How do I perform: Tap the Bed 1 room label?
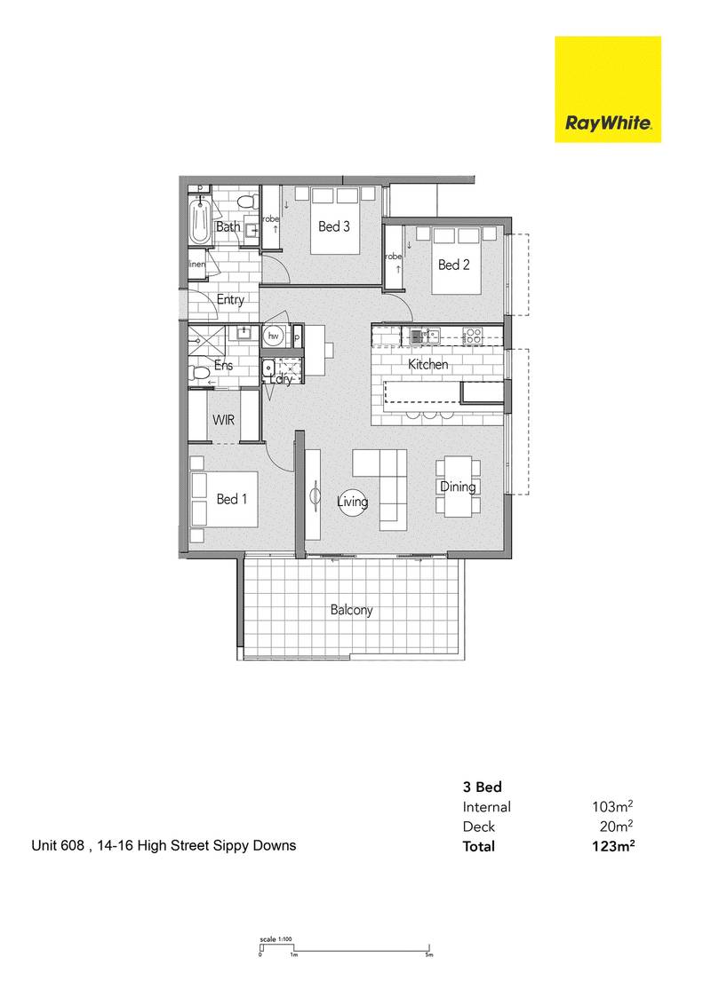click(x=231, y=499)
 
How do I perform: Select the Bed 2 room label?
click(x=454, y=265)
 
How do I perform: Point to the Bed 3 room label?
click(x=333, y=226)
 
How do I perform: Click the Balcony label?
click(x=351, y=610)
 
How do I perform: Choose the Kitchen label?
click(x=427, y=365)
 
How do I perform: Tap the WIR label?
click(x=223, y=420)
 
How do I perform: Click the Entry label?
click(x=230, y=300)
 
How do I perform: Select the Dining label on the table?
click(x=458, y=487)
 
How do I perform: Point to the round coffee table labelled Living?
click(x=352, y=502)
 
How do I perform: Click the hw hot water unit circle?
click(x=275, y=336)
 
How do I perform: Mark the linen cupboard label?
click(x=196, y=265)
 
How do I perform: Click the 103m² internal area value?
click(x=611, y=807)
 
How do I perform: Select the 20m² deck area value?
click(x=615, y=827)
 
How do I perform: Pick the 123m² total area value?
click(x=611, y=846)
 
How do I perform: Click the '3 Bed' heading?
click(x=483, y=787)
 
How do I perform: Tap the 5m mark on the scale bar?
click(x=428, y=955)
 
